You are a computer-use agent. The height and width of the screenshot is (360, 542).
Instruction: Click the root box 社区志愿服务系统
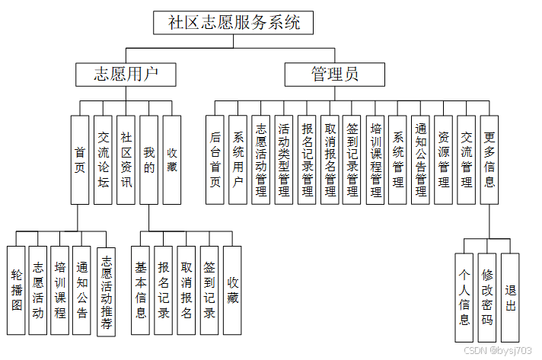click(x=234, y=22)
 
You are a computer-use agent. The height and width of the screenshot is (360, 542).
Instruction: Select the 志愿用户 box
click(x=126, y=74)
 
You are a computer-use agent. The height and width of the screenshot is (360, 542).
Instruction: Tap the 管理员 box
click(x=335, y=74)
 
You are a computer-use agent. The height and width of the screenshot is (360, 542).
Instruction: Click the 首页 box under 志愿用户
click(x=80, y=160)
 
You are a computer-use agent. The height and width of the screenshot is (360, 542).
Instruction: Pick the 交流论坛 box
click(x=104, y=160)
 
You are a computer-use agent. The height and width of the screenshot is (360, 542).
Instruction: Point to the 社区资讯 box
click(x=126, y=160)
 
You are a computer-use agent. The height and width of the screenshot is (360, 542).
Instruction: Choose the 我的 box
click(x=149, y=160)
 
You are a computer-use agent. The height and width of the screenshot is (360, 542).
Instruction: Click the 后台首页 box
click(x=215, y=160)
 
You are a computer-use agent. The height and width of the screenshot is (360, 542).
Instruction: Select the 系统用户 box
click(x=238, y=160)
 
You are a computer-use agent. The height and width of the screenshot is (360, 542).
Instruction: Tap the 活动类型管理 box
click(x=284, y=160)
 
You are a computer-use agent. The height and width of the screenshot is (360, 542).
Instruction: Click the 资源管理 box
click(x=443, y=160)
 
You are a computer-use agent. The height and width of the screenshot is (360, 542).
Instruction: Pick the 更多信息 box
click(x=489, y=160)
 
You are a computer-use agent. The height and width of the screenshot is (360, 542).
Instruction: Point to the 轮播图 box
click(x=17, y=290)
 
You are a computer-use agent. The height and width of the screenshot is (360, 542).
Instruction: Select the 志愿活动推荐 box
click(x=107, y=290)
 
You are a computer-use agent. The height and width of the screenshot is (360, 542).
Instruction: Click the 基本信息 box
click(x=141, y=290)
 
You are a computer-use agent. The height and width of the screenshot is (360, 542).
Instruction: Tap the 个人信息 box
click(x=464, y=298)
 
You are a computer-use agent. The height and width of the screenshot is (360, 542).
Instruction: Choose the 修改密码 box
click(x=487, y=298)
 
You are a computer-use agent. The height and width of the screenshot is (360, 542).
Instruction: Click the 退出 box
click(x=510, y=298)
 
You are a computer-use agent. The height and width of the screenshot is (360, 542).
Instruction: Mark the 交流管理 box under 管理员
click(x=466, y=160)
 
